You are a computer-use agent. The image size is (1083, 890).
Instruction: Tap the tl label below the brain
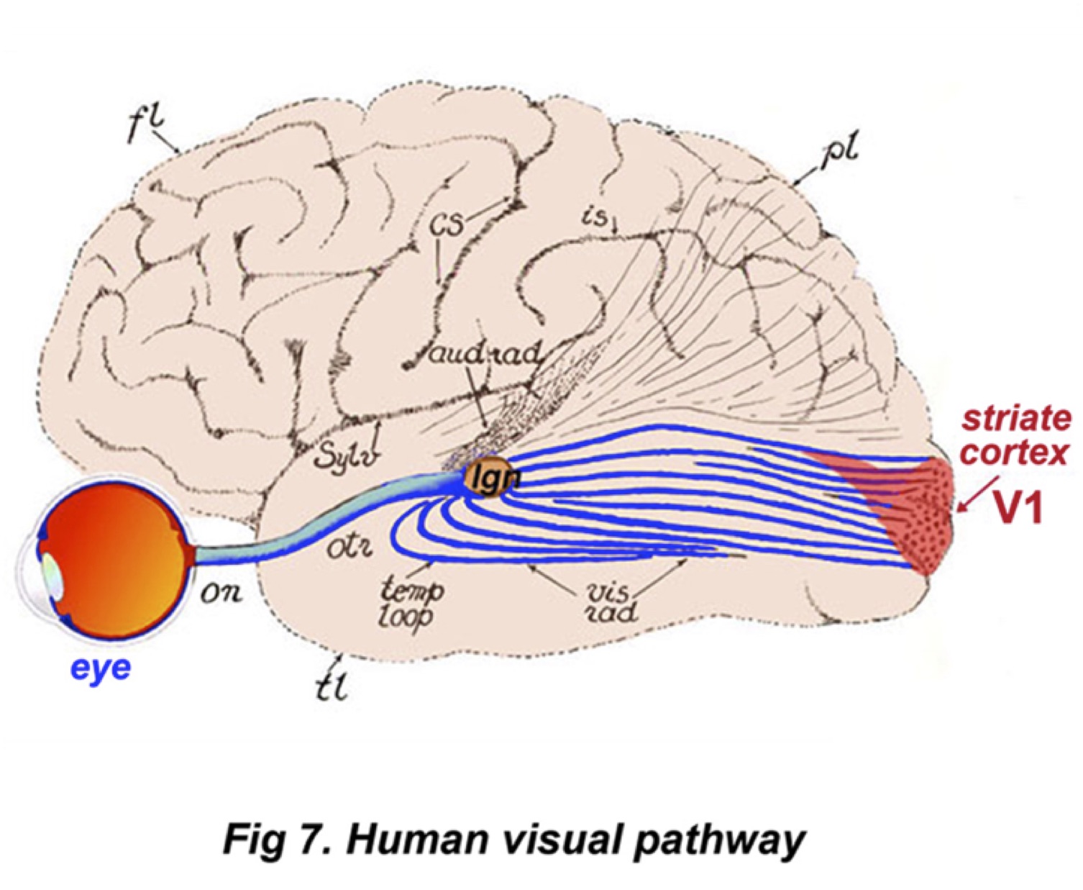[333, 688]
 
